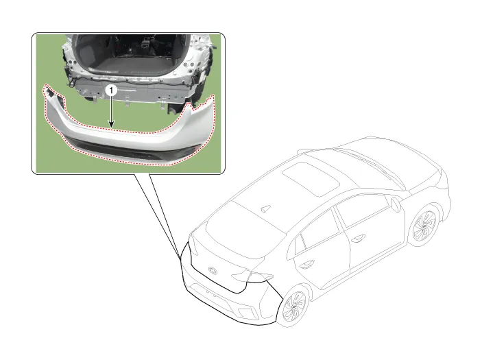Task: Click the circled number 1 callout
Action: click(x=111, y=91)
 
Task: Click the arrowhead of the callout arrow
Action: click(x=111, y=125)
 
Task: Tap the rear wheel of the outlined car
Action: click(x=295, y=306)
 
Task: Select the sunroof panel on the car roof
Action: click(x=311, y=180)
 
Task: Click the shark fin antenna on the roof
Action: click(x=265, y=208)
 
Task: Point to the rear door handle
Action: click(x=306, y=263)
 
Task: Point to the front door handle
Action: click(x=359, y=238)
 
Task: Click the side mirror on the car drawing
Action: click(x=396, y=204)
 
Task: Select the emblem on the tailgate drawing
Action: click(x=213, y=271)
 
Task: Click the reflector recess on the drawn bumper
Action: click(x=248, y=313)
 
